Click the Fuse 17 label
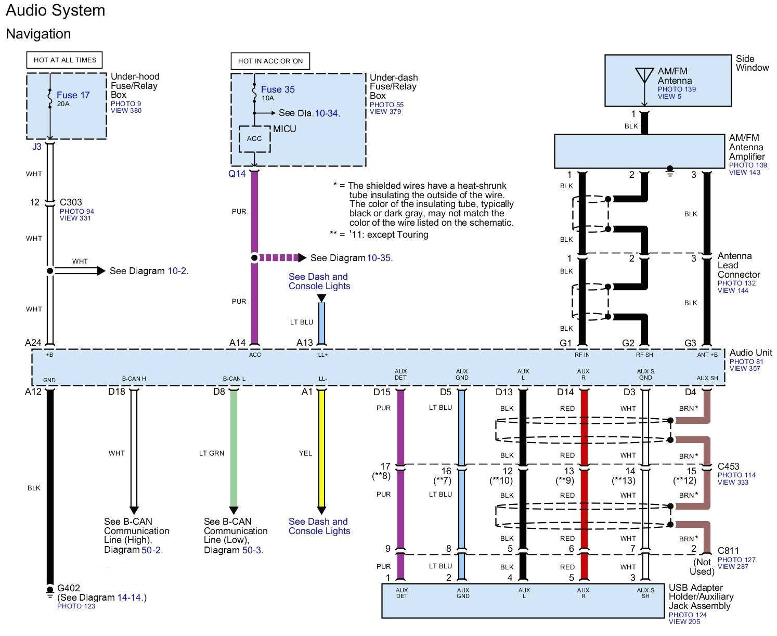(73, 95)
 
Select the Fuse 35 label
(278, 89)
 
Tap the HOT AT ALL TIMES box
(65, 60)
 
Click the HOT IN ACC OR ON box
(270, 61)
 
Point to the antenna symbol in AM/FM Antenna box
(644, 76)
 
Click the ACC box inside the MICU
(254, 139)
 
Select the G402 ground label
(69, 588)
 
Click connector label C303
(71, 202)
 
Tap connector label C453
(728, 466)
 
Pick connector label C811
(728, 551)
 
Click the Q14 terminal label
(237, 174)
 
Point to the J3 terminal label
(37, 147)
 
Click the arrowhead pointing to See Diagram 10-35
(302, 258)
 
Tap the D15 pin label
(382, 392)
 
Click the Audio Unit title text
(750, 353)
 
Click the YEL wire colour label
(305, 453)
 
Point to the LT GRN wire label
(212, 453)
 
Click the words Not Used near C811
(702, 567)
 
